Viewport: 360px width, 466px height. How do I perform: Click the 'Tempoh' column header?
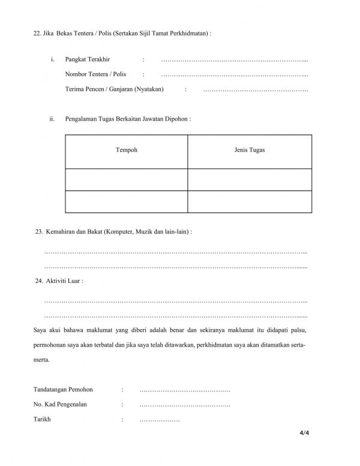pyautogui.click(x=126, y=150)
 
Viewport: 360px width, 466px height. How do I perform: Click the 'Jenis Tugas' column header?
pyautogui.click(x=250, y=150)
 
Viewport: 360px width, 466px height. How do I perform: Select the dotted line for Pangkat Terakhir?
pyautogui.click(x=235, y=60)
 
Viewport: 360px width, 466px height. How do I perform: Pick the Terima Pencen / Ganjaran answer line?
pyautogui.click(x=256, y=89)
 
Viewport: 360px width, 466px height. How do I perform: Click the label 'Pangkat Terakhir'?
pyautogui.click(x=90, y=59)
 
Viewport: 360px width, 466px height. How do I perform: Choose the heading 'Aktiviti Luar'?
pyautogui.click(x=64, y=280)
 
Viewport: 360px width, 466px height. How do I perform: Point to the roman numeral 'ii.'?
pyautogui.click(x=53, y=119)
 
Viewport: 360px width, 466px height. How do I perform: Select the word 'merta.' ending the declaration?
pyautogui.click(x=43, y=361)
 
